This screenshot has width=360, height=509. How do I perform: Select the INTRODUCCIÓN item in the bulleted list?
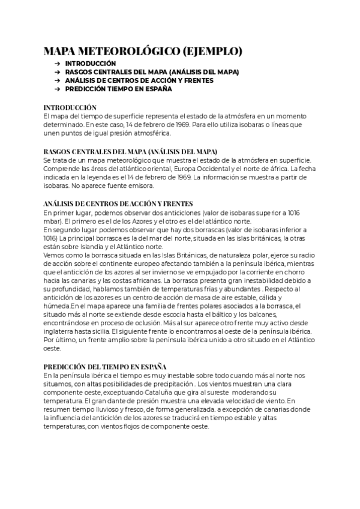(91, 63)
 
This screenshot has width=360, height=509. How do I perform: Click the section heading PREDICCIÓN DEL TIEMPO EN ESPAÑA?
(106, 366)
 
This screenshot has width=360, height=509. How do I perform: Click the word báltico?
(222, 313)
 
